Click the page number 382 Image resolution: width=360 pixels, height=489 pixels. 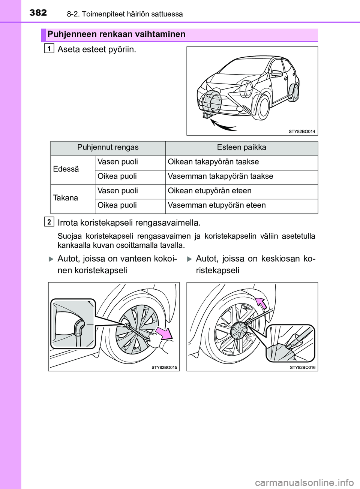[38, 13]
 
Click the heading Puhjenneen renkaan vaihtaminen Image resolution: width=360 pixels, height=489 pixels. [116, 34]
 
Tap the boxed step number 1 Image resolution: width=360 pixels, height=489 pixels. [49, 48]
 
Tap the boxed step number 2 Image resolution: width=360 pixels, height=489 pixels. [49, 222]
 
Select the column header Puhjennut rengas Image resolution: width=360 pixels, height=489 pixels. [108, 148]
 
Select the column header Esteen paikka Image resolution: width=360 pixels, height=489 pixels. [241, 148]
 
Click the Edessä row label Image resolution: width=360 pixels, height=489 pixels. [66, 169]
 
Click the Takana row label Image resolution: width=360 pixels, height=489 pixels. [66, 198]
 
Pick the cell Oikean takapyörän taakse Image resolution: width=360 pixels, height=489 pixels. [213, 162]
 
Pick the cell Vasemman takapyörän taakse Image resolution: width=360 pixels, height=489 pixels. [220, 176]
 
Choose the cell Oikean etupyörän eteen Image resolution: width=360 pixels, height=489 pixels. [209, 191]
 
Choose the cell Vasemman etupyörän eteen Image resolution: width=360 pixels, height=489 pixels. [216, 205]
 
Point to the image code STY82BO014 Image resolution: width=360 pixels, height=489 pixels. [302, 132]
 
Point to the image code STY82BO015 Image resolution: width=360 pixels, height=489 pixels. [164, 368]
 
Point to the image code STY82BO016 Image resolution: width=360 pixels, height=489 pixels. [303, 368]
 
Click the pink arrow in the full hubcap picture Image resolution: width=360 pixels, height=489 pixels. [164, 333]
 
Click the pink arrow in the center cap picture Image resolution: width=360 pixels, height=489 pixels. [261, 302]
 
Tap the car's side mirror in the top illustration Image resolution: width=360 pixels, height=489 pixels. [277, 73]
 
